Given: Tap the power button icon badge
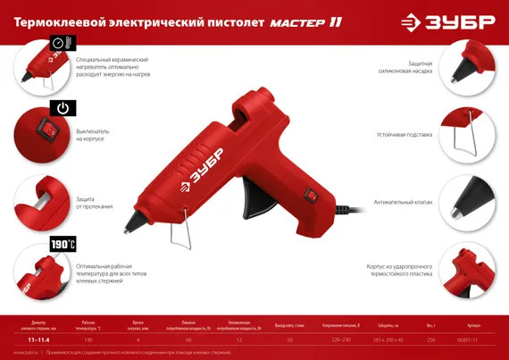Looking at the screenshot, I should pos(62,109).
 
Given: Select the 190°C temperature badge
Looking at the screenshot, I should pos(63,243).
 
